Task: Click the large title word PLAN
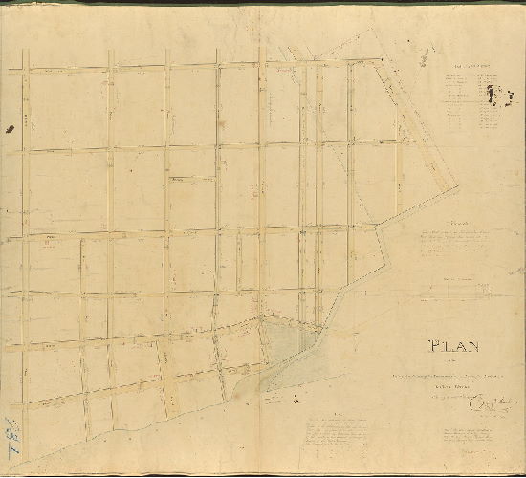453,347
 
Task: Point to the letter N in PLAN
473,347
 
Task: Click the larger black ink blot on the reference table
493,93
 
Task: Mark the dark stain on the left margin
11,127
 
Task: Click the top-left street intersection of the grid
26,69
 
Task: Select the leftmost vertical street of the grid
26,239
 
